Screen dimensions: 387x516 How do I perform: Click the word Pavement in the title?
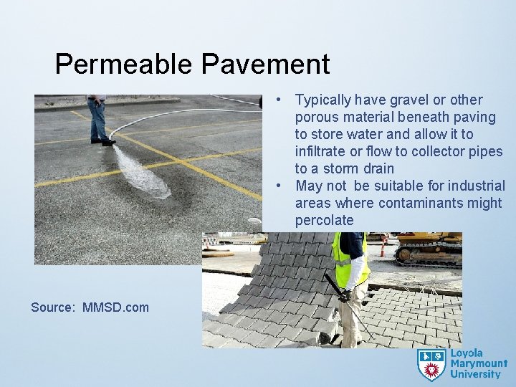click(265, 64)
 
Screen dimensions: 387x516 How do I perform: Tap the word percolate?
click(324, 220)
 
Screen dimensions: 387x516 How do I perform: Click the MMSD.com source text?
click(115, 307)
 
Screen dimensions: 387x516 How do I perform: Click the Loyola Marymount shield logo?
click(431, 364)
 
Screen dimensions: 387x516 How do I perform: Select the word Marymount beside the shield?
click(478, 364)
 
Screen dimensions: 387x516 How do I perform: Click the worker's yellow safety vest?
click(349, 261)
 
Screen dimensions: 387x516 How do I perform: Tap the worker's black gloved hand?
click(345, 295)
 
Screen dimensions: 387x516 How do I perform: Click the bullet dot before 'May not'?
click(285, 186)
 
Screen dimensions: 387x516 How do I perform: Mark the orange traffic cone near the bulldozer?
click(383, 247)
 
